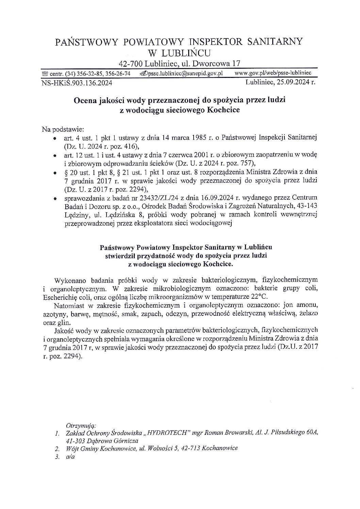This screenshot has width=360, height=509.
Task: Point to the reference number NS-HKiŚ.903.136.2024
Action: click(x=77, y=82)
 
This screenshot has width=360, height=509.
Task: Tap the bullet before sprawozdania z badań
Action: click(x=55, y=198)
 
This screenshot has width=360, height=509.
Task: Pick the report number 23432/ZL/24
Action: click(x=153, y=198)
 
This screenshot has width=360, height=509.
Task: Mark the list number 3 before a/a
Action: click(x=57, y=457)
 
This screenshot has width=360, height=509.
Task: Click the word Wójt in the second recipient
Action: click(x=73, y=448)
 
